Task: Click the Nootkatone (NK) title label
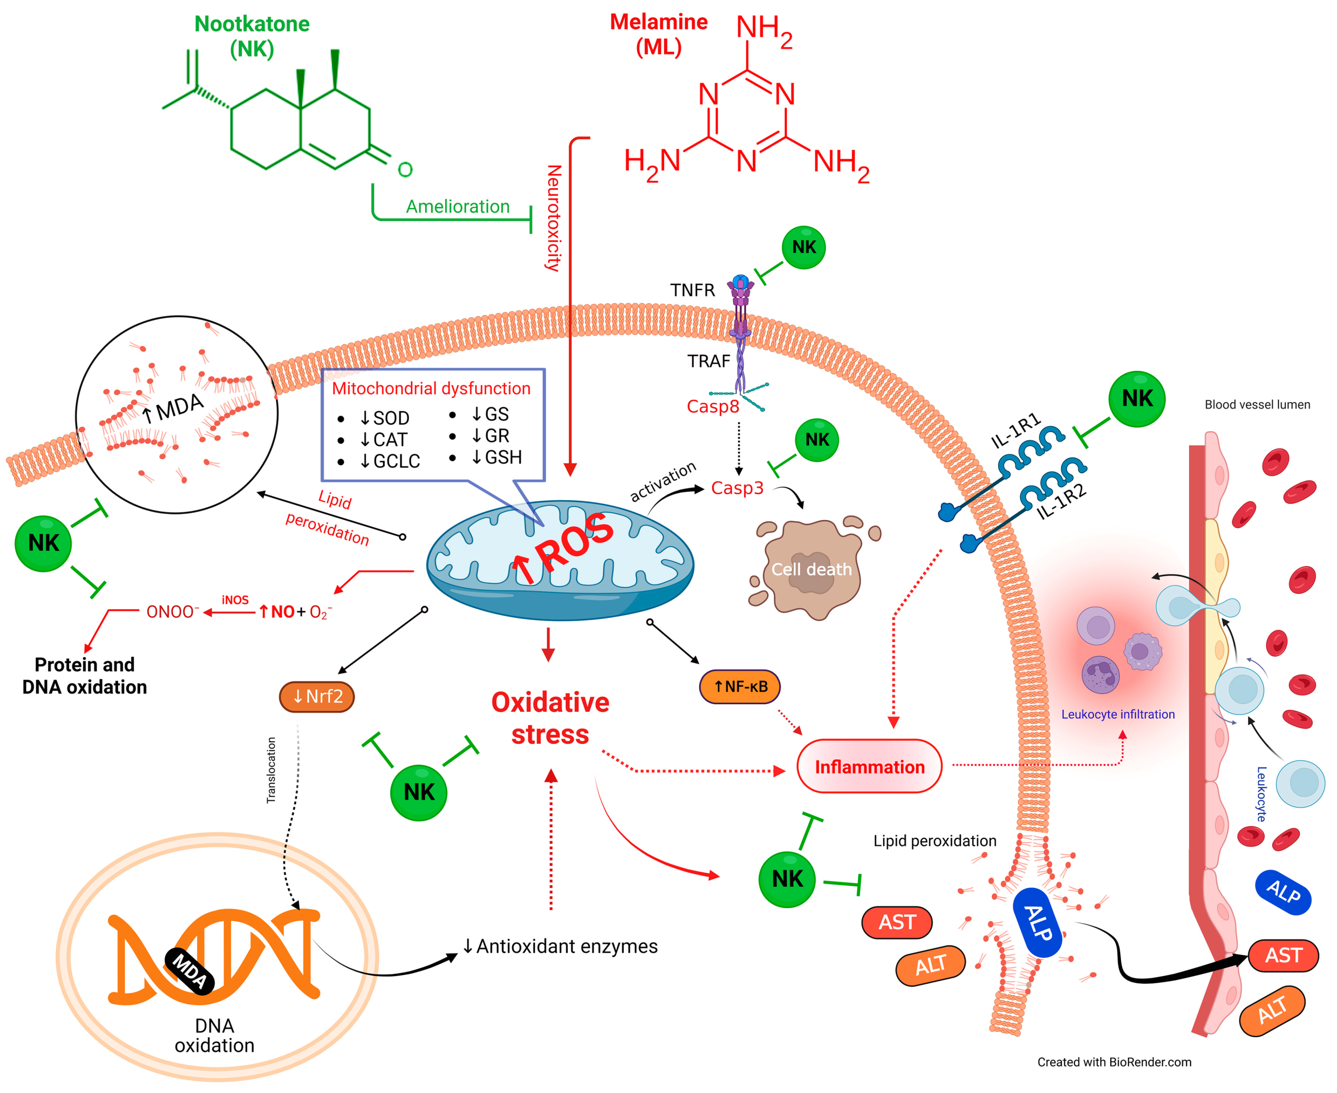tap(251, 36)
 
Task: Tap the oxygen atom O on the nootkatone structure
tap(405, 169)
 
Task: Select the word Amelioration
tap(457, 207)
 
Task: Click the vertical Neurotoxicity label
tap(553, 218)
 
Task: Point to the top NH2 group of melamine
tap(764, 30)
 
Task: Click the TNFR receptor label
tap(692, 290)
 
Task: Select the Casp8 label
tap(712, 407)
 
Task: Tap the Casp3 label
tap(737, 488)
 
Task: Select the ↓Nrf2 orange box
tap(317, 696)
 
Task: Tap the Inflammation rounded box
tap(869, 767)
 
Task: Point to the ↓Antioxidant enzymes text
tap(560, 947)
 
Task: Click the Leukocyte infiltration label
tap(1117, 714)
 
